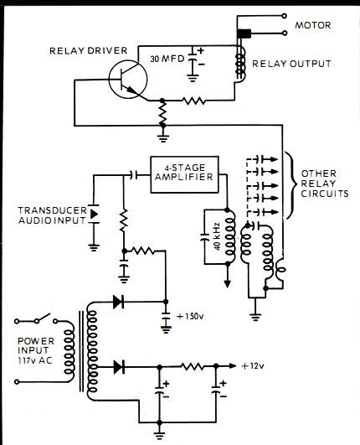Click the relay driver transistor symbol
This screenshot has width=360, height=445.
click(128, 80)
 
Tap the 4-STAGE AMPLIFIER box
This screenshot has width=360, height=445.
click(184, 174)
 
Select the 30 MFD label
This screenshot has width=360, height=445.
click(167, 59)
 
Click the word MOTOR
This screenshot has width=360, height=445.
click(313, 25)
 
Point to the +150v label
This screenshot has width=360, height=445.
click(190, 316)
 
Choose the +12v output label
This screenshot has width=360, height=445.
click(253, 366)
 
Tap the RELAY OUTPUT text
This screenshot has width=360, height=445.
click(291, 64)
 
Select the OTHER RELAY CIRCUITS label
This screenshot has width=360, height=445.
click(325, 184)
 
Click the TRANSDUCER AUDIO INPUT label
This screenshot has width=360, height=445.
click(53, 215)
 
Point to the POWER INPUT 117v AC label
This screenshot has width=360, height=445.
click(36, 350)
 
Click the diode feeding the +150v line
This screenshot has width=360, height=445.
click(119, 302)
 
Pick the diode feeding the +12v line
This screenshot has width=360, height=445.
click(119, 367)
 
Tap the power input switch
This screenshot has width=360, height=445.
click(36, 319)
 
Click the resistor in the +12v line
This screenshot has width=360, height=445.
click(193, 366)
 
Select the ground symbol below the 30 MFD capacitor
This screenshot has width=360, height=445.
click(193, 78)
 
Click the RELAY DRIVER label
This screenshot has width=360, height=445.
click(89, 51)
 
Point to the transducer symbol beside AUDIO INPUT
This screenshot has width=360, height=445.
click(94, 214)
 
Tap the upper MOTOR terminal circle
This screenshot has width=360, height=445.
click(285, 16)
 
